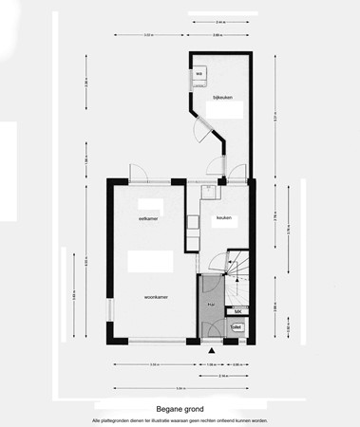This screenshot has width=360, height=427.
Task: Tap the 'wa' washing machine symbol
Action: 200,74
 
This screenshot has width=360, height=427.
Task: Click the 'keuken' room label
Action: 224,219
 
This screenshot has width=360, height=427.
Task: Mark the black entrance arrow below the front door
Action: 211,349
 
